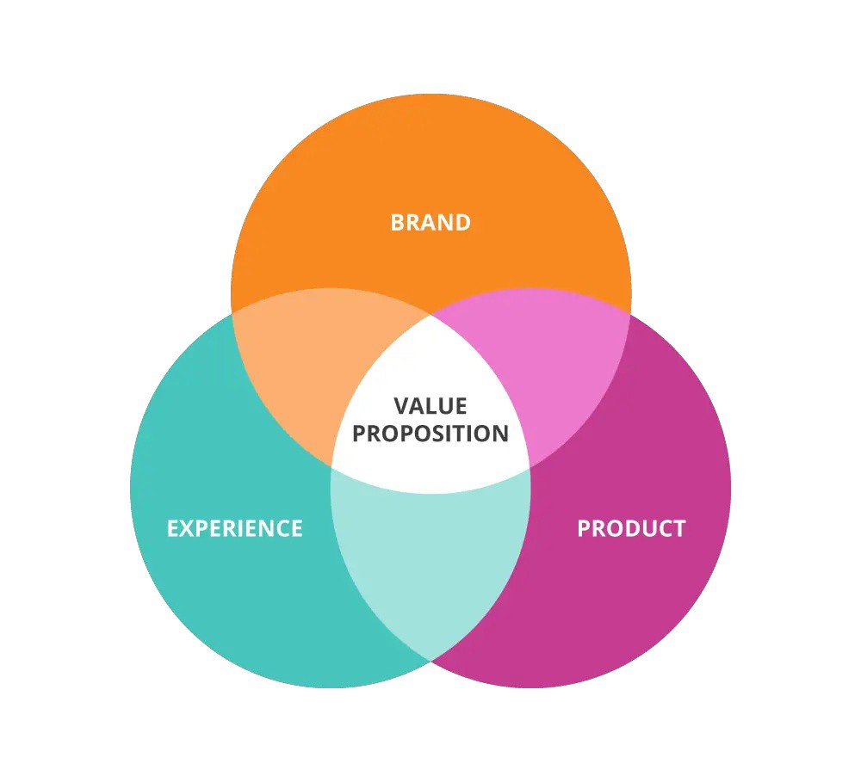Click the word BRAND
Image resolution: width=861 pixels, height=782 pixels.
coord(430,223)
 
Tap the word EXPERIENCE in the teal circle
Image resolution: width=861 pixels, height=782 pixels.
coord(234,528)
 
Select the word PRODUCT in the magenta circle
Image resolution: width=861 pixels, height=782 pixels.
coord(631,528)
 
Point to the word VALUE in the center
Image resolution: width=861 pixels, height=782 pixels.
coord(430,406)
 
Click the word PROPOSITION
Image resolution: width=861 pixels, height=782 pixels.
coord(430,434)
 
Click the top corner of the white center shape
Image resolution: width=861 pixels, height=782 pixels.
coord(430,316)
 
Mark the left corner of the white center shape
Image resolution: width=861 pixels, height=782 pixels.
coord(331,467)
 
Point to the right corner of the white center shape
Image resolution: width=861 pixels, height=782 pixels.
coord(530,467)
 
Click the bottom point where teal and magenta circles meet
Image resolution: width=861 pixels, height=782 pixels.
coord(430,661)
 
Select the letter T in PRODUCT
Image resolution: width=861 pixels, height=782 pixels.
coord(679,528)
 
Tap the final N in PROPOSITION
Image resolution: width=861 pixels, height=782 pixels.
coord(501,434)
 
